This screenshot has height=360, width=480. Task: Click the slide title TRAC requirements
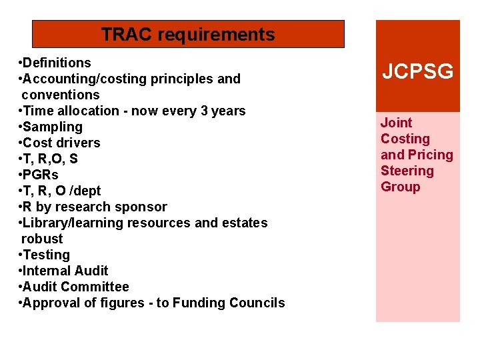188,35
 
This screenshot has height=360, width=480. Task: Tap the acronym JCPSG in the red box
417,71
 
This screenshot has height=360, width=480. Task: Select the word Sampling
53,127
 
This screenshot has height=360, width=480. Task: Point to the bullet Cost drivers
61,143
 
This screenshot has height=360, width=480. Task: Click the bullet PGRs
41,175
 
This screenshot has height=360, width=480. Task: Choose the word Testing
46,255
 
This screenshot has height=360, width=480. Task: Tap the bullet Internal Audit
65,271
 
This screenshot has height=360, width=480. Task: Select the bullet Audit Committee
75,287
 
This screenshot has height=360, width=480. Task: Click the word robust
42,239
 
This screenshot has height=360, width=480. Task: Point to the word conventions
60,95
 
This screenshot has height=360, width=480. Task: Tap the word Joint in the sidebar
396,123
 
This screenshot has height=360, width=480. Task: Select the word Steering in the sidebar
407,171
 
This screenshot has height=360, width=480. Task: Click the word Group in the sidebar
400,187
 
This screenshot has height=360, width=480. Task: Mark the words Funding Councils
229,303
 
